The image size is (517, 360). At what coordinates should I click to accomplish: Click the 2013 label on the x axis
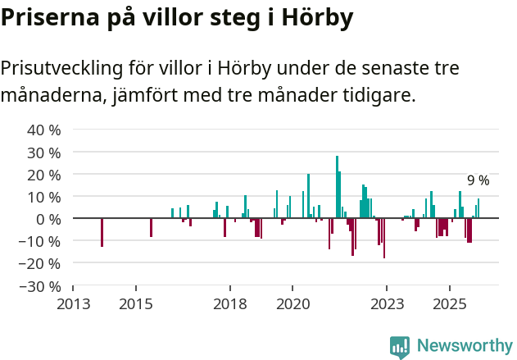(x=73, y=304)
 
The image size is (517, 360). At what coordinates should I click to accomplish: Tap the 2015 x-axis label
(x=136, y=304)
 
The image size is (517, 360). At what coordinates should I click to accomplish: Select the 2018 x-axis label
(x=230, y=304)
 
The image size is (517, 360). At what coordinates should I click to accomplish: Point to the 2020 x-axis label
(x=293, y=304)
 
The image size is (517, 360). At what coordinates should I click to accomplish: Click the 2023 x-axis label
(x=388, y=304)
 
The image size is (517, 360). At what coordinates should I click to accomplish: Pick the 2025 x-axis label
(x=450, y=304)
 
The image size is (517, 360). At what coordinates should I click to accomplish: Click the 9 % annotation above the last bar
(x=478, y=180)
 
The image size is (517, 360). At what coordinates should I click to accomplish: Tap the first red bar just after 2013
(x=102, y=232)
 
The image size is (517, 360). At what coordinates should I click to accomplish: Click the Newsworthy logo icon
(x=400, y=347)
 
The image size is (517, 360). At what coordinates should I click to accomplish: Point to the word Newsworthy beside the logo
(x=465, y=346)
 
